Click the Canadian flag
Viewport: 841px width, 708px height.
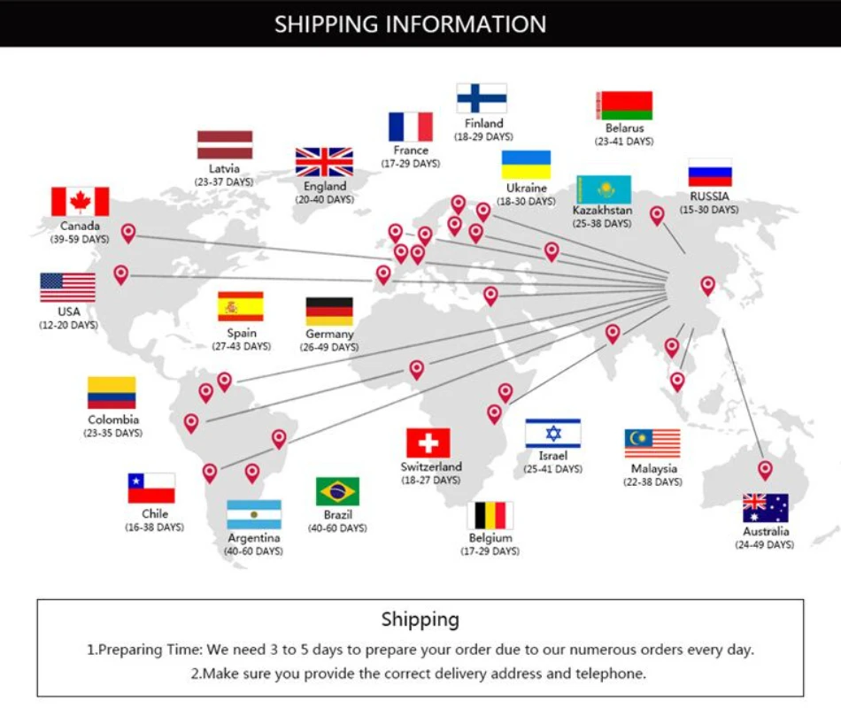click(80, 202)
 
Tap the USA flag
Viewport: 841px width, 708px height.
click(67, 288)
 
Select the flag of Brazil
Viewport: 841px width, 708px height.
click(337, 491)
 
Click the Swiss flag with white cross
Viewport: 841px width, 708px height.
click(428, 442)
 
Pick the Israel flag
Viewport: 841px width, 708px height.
click(552, 434)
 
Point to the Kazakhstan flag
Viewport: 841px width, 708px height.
click(603, 189)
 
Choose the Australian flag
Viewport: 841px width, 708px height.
click(765, 508)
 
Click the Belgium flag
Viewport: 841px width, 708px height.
click(490, 515)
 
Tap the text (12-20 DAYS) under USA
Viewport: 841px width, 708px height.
click(68, 326)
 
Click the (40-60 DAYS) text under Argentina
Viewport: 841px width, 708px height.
click(254, 551)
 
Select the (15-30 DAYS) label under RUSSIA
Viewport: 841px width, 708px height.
click(709, 210)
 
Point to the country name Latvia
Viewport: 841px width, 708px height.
click(224, 168)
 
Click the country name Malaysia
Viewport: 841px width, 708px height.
click(654, 468)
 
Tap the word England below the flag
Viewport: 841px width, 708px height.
click(325, 187)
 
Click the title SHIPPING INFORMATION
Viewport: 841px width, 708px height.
click(410, 24)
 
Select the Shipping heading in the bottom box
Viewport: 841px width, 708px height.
click(420, 619)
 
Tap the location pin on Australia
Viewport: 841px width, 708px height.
click(765, 469)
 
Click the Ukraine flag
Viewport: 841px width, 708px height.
click(526, 165)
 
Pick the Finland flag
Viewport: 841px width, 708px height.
click(482, 98)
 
